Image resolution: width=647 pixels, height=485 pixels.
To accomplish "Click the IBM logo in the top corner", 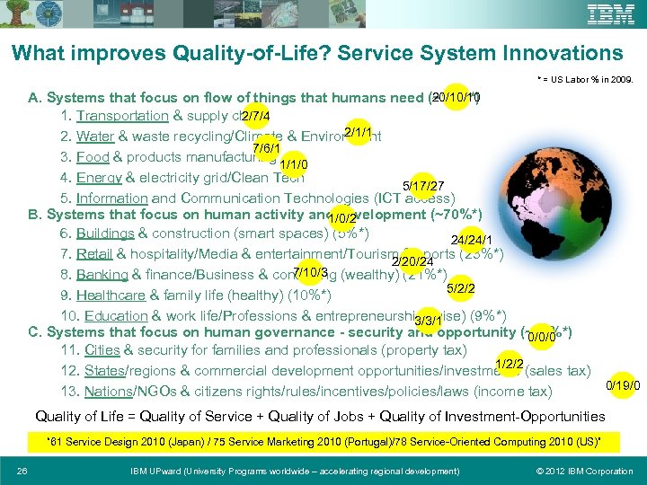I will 610,14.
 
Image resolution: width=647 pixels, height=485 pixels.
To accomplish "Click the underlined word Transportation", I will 122,116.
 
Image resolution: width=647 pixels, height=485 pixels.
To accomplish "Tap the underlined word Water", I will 94,137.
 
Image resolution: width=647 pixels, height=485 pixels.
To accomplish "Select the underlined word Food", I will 93,157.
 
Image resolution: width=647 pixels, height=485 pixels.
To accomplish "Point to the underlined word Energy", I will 99,178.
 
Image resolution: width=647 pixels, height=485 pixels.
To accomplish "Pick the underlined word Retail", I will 95,254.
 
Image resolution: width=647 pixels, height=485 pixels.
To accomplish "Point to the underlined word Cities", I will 102,350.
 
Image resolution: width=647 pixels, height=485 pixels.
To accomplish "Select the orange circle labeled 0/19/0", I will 623,385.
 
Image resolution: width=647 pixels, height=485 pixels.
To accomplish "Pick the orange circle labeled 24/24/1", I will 469,240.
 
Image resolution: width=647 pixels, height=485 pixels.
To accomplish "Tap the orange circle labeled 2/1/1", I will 358,133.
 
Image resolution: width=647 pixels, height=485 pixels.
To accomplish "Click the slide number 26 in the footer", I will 22,472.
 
